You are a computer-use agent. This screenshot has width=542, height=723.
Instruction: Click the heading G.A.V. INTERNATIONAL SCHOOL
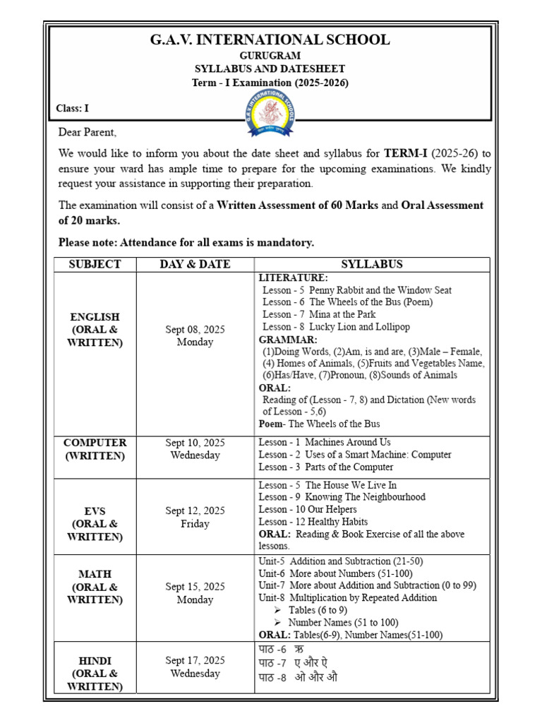pyautogui.click(x=270, y=40)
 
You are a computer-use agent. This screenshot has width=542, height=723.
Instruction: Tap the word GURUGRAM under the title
pyautogui.click(x=270, y=55)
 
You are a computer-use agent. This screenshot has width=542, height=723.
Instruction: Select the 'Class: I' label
pyautogui.click(x=73, y=108)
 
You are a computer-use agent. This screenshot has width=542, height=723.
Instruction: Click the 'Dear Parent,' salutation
pyautogui.click(x=88, y=133)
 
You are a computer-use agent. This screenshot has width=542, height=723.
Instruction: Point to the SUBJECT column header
pyautogui.click(x=95, y=264)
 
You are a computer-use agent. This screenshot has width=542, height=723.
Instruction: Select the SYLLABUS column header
pyautogui.click(x=372, y=264)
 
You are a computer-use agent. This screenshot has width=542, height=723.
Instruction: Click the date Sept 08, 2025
pyautogui.click(x=195, y=330)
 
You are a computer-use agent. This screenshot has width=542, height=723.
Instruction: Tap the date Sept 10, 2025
pyautogui.click(x=195, y=443)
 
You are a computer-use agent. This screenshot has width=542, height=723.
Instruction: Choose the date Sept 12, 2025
pyautogui.click(x=195, y=510)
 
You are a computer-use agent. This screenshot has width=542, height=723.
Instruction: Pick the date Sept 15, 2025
pyautogui.click(x=195, y=587)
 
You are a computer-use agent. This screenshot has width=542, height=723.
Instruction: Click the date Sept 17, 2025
pyautogui.click(x=195, y=660)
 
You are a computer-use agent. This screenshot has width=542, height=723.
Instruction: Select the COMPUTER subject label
pyautogui.click(x=95, y=443)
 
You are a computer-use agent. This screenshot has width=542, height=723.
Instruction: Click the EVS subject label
pyautogui.click(x=95, y=510)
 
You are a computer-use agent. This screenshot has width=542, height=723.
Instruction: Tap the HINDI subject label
pyautogui.click(x=95, y=660)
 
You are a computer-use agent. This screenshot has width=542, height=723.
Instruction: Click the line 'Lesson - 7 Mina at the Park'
pyautogui.click(x=318, y=314)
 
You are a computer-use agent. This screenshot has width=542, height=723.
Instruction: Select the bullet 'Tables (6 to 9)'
pyautogui.click(x=317, y=610)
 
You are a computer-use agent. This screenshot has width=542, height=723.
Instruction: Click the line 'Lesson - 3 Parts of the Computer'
pyautogui.click(x=325, y=467)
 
